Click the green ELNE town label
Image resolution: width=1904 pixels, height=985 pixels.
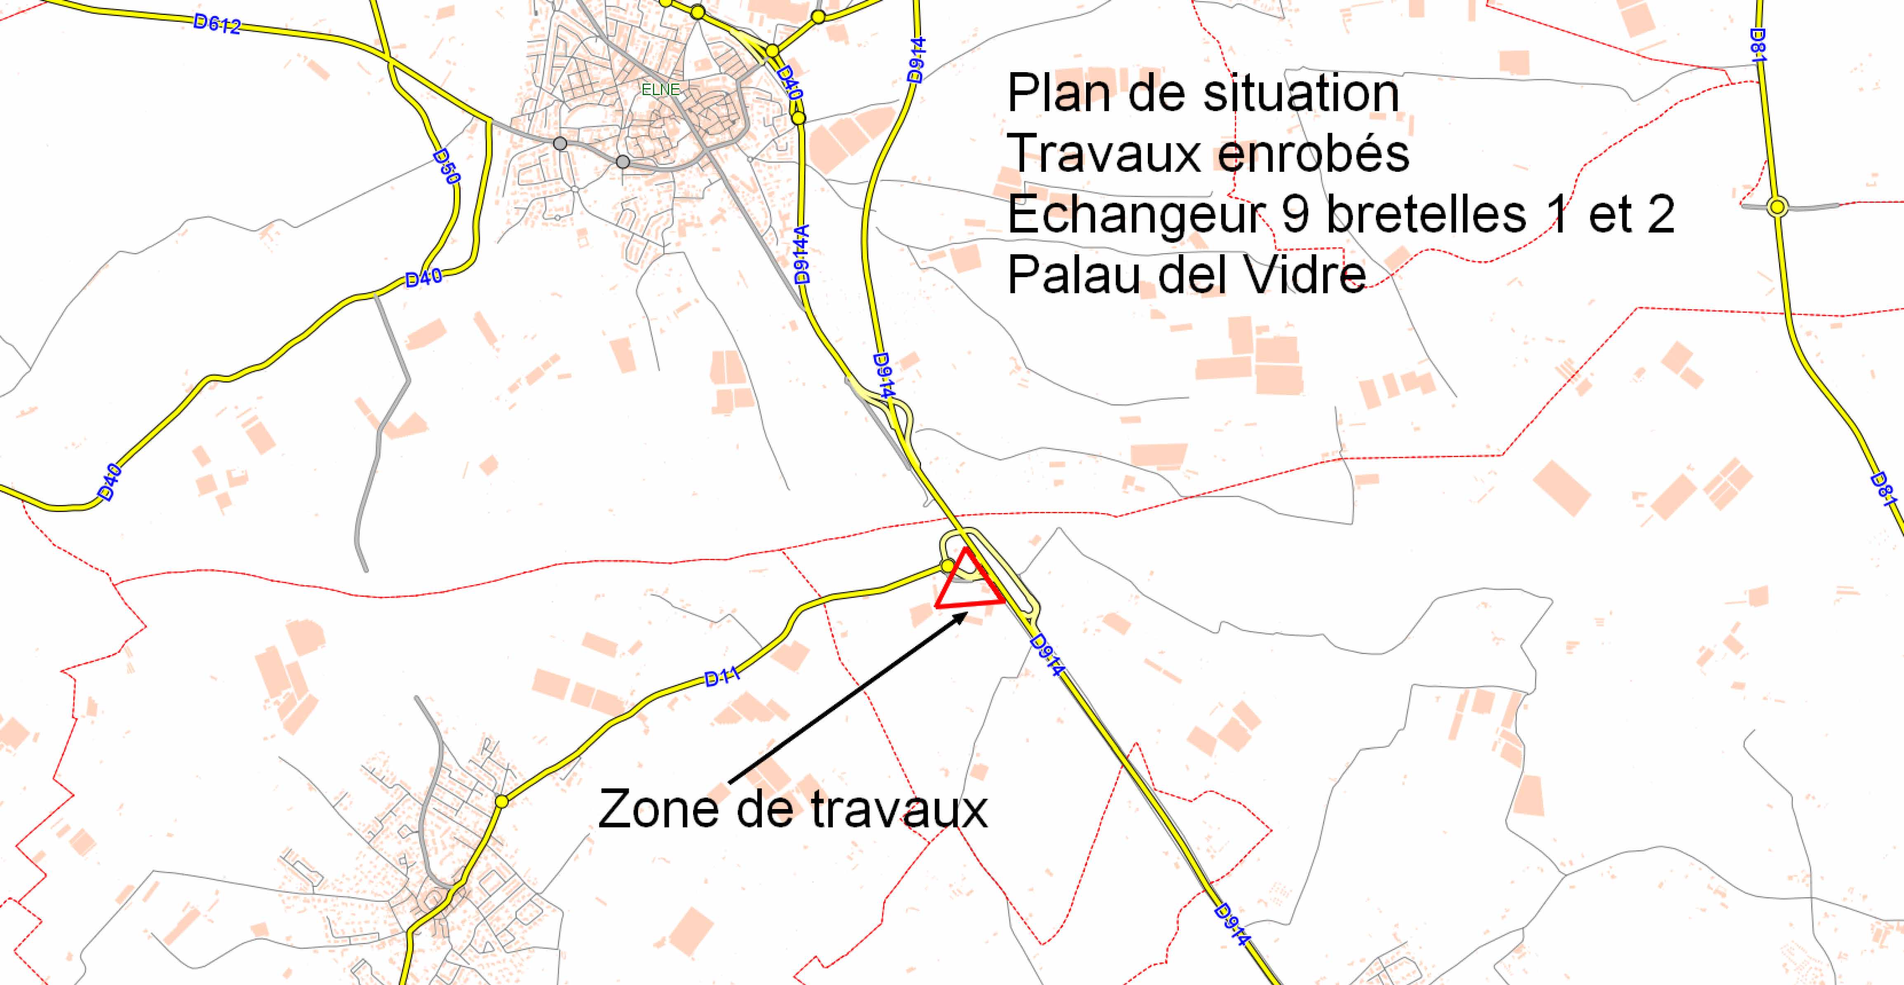[660, 89]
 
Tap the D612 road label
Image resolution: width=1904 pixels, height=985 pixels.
[217, 25]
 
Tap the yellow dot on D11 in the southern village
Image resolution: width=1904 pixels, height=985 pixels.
[502, 801]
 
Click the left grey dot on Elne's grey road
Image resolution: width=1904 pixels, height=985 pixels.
[560, 143]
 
